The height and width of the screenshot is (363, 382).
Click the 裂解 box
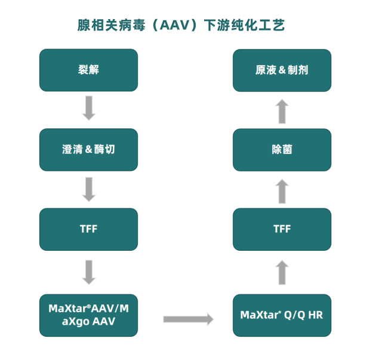[x=88, y=70]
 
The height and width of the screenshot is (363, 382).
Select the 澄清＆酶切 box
[x=88, y=149]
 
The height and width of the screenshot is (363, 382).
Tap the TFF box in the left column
[x=88, y=229]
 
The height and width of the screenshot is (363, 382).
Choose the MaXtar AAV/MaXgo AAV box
[x=88, y=315]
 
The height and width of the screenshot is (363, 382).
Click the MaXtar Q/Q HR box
[x=282, y=315]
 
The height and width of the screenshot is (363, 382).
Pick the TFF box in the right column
[x=282, y=229]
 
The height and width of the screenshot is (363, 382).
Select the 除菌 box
[x=282, y=149]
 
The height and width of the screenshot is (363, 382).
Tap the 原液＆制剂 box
[x=282, y=70]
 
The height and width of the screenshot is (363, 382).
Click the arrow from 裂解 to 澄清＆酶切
[x=89, y=108]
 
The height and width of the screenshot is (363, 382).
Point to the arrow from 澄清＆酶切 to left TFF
[x=89, y=189]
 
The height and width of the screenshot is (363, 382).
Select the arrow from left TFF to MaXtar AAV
[x=89, y=272]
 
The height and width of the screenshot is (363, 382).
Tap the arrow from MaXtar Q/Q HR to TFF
[x=282, y=272]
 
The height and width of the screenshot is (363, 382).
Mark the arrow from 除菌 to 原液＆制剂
[x=282, y=111]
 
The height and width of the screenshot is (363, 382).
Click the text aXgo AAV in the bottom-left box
[x=88, y=321]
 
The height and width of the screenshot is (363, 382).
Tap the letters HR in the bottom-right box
[x=315, y=315]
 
